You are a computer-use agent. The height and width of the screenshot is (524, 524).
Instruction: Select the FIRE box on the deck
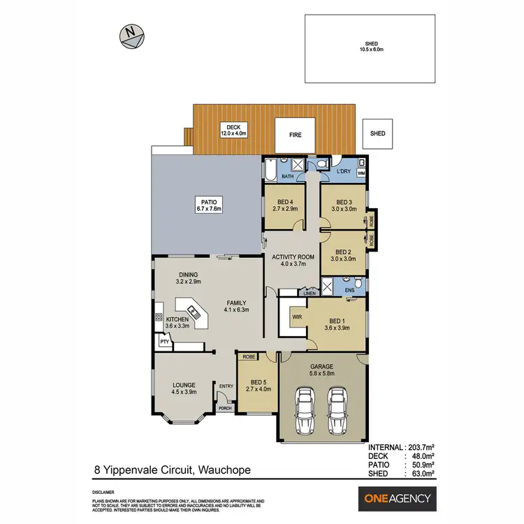coord(296,135)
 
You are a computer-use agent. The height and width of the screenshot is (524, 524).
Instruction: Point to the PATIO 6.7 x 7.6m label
coord(208,205)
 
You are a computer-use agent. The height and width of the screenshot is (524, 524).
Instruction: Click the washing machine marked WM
coord(361,172)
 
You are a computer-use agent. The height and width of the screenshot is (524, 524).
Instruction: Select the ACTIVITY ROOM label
coord(293,260)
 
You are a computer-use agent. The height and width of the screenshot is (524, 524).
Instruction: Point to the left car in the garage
coord(305,412)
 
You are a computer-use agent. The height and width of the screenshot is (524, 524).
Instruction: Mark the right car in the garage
coord(337,412)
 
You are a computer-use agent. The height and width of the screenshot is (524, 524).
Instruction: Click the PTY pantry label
coord(163,342)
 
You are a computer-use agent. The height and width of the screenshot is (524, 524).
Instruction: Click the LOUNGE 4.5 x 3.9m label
coord(184,388)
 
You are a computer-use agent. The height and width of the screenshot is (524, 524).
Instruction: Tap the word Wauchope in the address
coord(221,472)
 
